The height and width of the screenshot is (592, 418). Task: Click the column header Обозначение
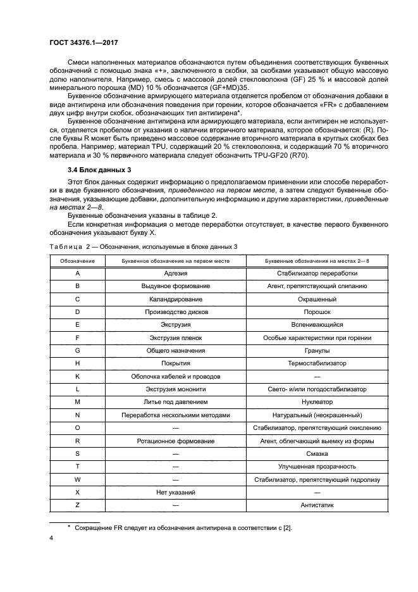tap(77, 261)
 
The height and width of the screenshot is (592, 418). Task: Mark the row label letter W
tap(77, 479)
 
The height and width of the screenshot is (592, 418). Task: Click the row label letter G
tap(77, 350)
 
